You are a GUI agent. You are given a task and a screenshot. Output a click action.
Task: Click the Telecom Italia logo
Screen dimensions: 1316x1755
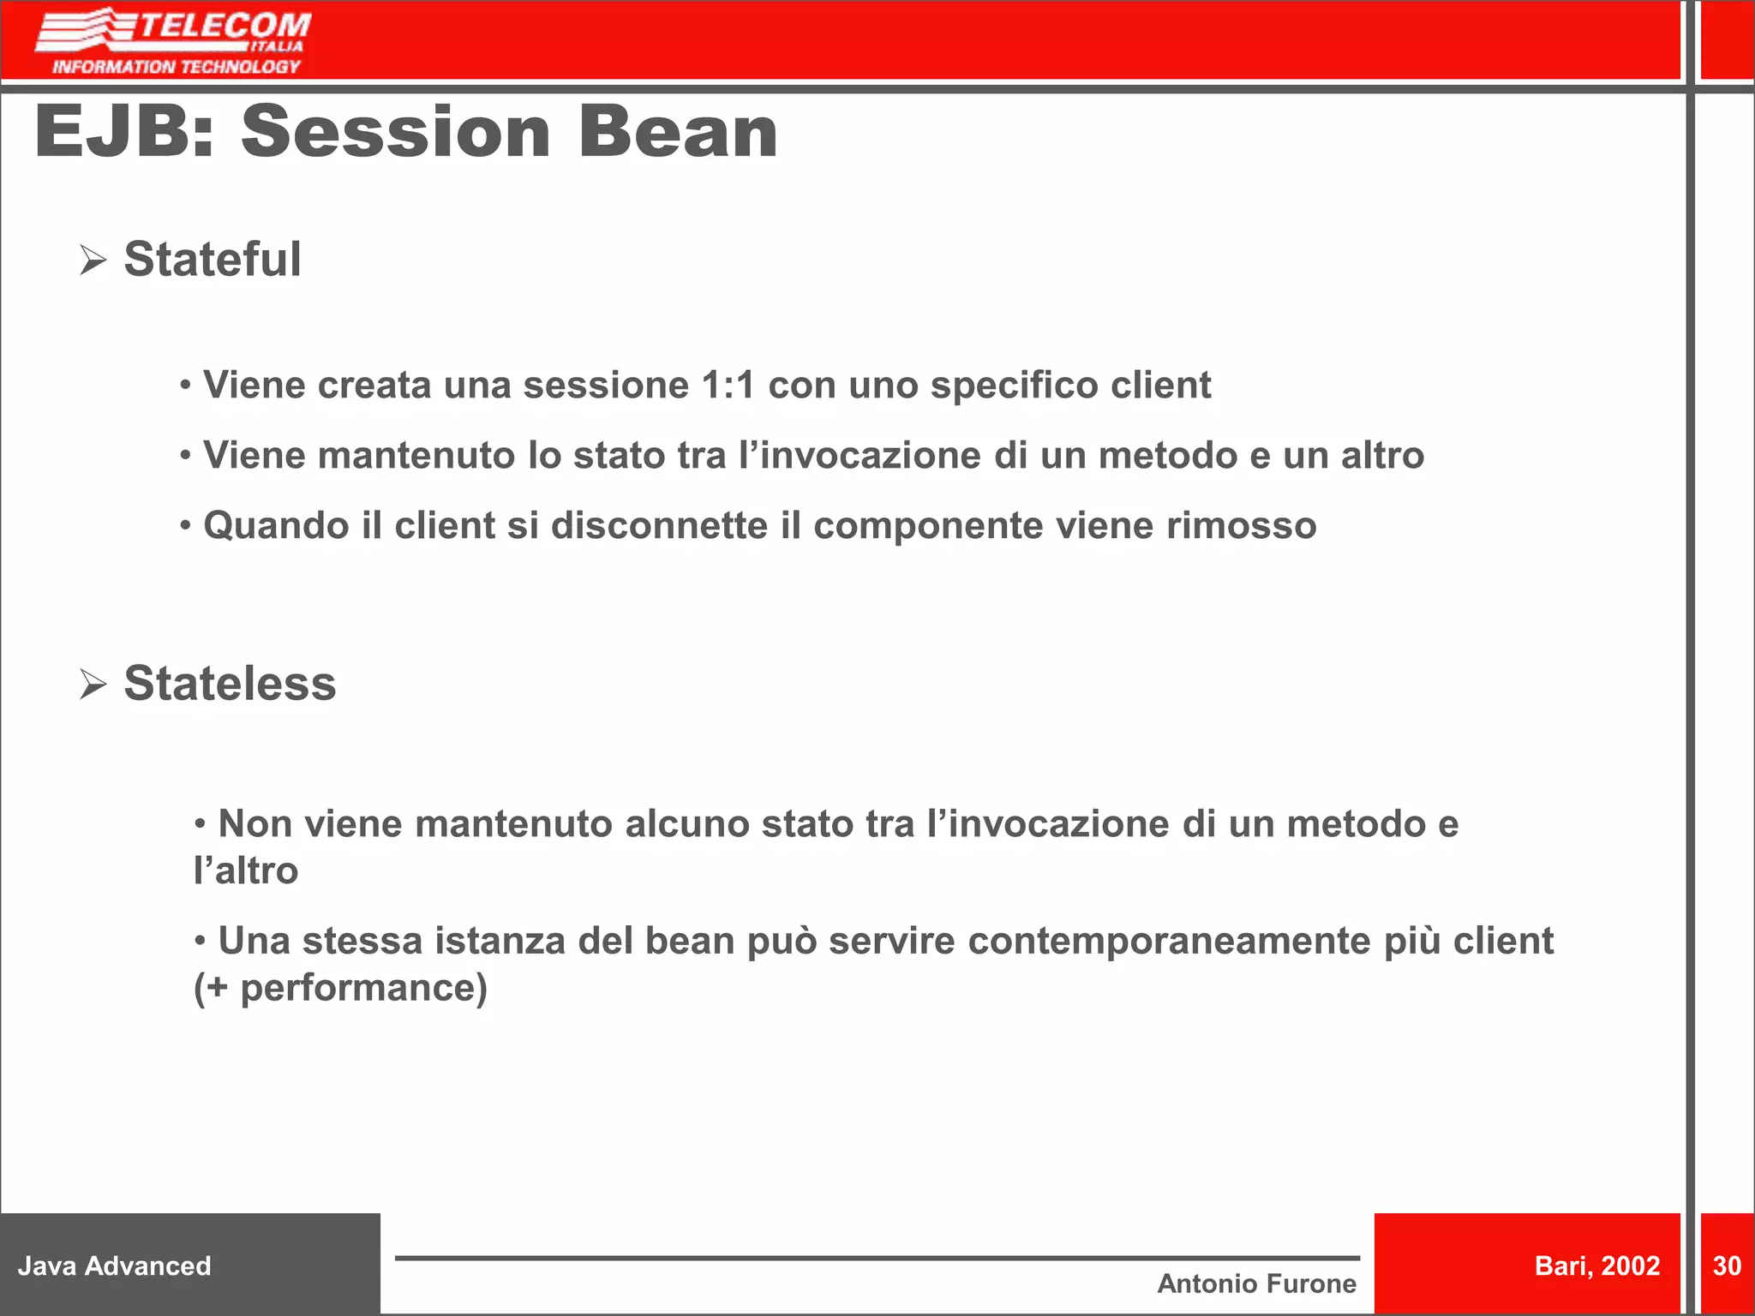coord(174,41)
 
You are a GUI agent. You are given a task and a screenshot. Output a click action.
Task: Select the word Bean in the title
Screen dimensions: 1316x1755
coord(678,132)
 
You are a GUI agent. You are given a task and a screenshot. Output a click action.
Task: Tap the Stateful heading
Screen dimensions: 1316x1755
coord(213,259)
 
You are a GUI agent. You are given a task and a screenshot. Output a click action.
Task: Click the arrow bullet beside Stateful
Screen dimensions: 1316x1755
coord(93,260)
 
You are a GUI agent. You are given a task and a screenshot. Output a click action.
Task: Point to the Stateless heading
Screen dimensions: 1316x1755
coord(230,683)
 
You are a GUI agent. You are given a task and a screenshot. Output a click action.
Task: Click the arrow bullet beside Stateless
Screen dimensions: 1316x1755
coord(93,684)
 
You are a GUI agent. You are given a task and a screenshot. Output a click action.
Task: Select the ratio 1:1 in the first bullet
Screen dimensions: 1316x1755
coord(728,386)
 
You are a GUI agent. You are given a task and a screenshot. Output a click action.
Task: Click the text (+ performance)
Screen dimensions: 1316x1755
coord(340,988)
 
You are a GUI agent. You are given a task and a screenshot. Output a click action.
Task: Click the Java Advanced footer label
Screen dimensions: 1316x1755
coord(114,1265)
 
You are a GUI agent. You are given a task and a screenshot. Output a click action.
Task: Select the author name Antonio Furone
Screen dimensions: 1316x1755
coord(1256,1283)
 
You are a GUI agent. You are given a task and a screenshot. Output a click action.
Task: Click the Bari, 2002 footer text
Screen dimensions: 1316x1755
coord(1596,1265)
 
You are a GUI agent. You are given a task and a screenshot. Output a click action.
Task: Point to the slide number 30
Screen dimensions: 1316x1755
coord(1726,1265)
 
